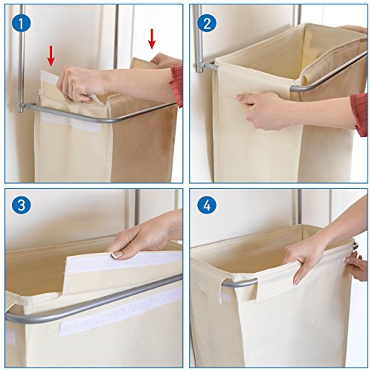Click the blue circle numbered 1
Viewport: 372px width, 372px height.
pyautogui.click(x=21, y=24)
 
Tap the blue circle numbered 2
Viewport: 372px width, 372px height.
pyautogui.click(x=207, y=24)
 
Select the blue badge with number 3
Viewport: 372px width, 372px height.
pyautogui.click(x=21, y=205)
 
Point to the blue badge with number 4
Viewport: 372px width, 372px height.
pyautogui.click(x=207, y=205)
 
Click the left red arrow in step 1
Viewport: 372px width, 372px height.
pyautogui.click(x=51, y=56)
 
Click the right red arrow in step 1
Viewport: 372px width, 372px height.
pyautogui.click(x=152, y=39)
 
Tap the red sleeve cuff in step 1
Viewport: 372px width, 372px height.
pyautogui.click(x=177, y=86)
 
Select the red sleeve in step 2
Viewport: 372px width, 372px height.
pyautogui.click(x=359, y=115)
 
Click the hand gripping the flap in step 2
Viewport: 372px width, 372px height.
pyautogui.click(x=263, y=110)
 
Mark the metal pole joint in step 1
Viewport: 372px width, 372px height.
pyautogui.click(x=22, y=108)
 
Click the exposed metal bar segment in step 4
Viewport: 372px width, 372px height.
pyautogui.click(x=240, y=283)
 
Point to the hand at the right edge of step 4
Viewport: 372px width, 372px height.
pyautogui.click(x=356, y=266)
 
